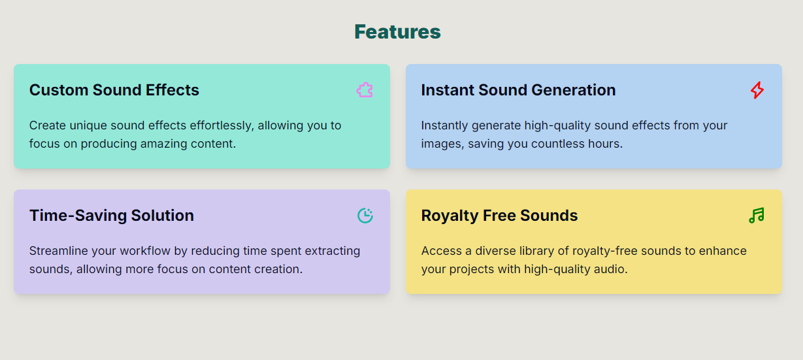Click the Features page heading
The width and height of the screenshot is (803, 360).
coord(397,31)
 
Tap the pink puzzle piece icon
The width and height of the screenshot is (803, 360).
coord(365,90)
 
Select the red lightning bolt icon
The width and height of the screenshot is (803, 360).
coord(757,90)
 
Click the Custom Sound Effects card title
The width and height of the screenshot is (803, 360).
coord(114,90)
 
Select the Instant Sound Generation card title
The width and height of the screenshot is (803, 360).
coord(518,90)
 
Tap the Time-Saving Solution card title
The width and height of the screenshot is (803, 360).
coord(112,216)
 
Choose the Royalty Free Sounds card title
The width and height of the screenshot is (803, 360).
coord(499,216)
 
